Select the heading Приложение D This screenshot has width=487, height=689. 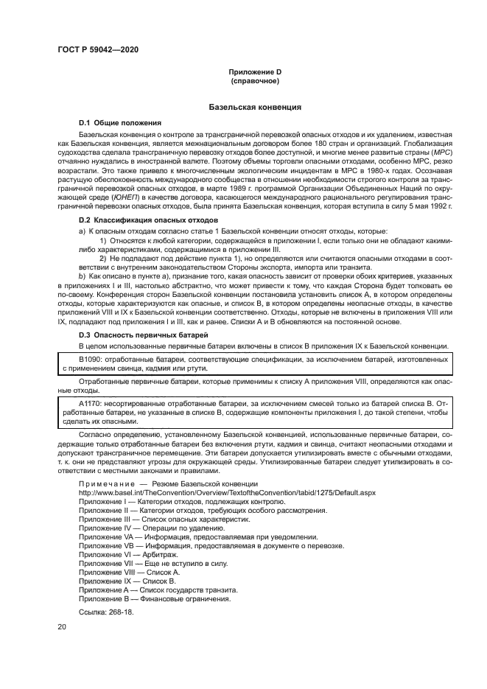(x=255, y=71)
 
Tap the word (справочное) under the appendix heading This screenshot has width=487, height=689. (x=255, y=80)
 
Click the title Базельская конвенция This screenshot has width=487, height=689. (x=255, y=107)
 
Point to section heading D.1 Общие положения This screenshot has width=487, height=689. (x=120, y=122)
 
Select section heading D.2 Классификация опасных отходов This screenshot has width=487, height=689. (x=148, y=220)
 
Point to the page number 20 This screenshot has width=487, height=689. (x=63, y=626)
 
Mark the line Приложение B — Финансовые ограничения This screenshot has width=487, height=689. (x=154, y=598)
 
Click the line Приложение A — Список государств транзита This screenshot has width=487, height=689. (x=158, y=590)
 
